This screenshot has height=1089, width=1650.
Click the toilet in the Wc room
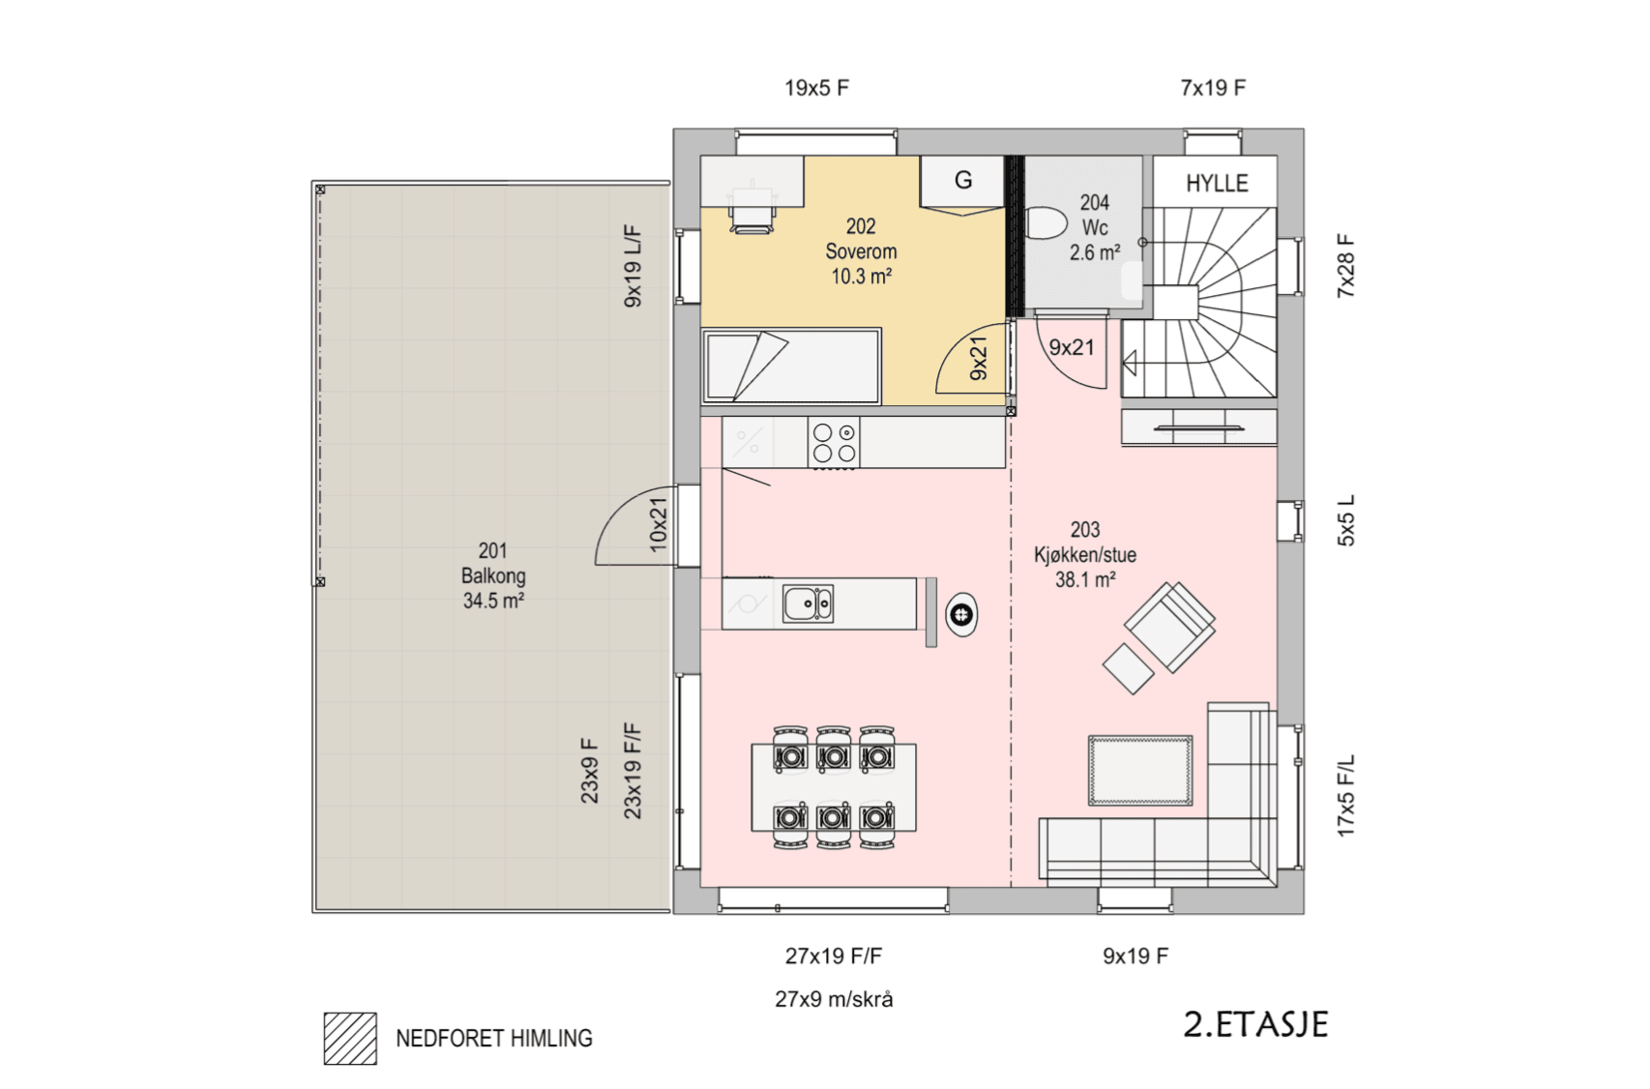coord(1045,223)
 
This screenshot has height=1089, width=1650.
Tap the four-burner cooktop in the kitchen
coord(834,442)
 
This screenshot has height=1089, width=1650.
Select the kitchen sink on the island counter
coord(808,604)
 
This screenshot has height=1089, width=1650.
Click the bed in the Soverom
coord(792,367)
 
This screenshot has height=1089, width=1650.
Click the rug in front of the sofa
coord(1140,770)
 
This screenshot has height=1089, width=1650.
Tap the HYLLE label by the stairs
coord(1217,183)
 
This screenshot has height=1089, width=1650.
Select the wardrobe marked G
coord(963,185)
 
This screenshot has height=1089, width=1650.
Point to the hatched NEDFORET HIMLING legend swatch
coord(351,1038)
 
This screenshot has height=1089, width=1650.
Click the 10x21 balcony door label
coord(658,524)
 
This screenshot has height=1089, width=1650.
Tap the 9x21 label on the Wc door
coord(1072,348)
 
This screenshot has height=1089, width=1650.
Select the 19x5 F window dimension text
coord(817,88)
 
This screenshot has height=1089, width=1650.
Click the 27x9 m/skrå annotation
coord(834,1000)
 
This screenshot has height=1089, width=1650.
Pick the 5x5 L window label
coord(1345,521)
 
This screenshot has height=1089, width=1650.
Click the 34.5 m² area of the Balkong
coord(493,602)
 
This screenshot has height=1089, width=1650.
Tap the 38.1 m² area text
coord(1085,580)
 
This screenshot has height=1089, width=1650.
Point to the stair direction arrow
coord(1130,364)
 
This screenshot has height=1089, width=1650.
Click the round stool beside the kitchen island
coord(961,614)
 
